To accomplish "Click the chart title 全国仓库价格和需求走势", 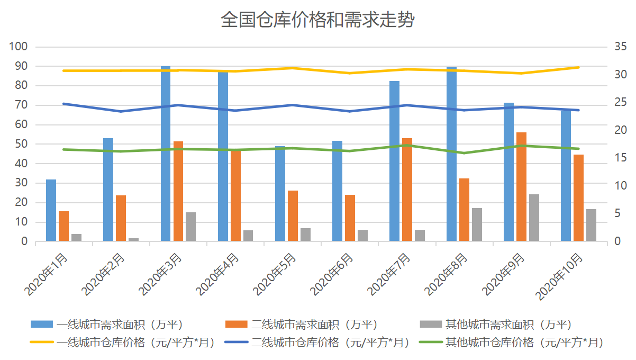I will tap(317, 21).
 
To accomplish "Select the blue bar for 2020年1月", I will tap(51, 211).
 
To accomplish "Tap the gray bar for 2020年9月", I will tap(534, 218).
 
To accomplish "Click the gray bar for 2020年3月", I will tap(190, 227).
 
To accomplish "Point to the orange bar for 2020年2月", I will tap(121, 218).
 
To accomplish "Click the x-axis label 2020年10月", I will tap(560, 276).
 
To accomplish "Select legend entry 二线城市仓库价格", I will tap(316, 343).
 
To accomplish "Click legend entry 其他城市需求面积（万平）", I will tap(507, 324).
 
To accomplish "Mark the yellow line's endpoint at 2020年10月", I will tap(578, 67).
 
